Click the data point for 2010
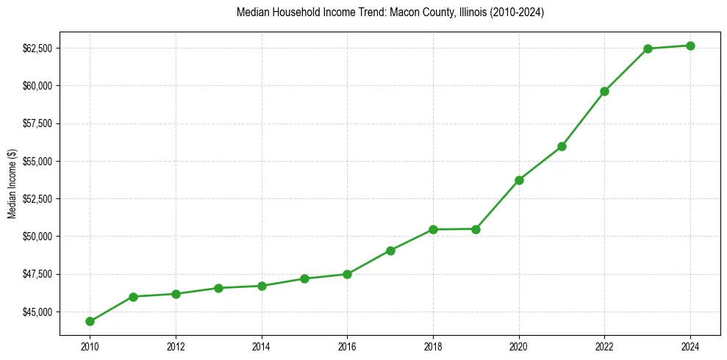pos(90,321)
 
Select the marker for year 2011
pos(132,297)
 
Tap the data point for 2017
pos(390,251)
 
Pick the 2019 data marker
pos(476,229)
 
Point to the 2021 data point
pos(562,146)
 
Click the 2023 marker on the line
pos(648,48)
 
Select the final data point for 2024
pos(690,46)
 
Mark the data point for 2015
pos(304,278)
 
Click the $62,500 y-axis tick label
pos(37,48)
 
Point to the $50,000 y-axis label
pos(37,237)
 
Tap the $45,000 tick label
pos(37,312)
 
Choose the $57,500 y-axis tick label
pos(37,123)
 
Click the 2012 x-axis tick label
pos(176,346)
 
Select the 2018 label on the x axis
pos(433,346)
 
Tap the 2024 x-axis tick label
pos(690,346)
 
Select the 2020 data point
pos(519,180)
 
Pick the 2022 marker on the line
pos(604,91)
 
